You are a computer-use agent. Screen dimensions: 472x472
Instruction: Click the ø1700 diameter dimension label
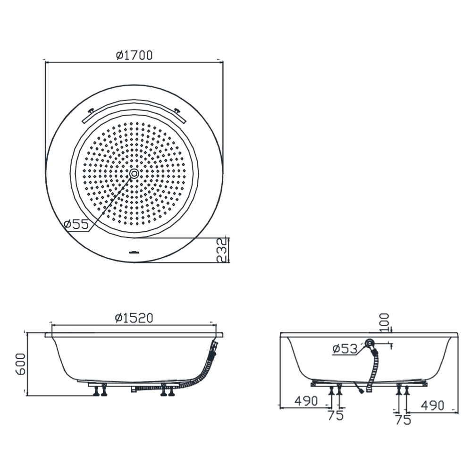pyautogui.click(x=134, y=55)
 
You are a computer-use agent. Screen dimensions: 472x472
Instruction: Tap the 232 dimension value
pyautogui.click(x=221, y=250)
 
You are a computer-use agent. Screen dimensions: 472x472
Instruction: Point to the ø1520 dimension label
pyautogui.click(x=134, y=318)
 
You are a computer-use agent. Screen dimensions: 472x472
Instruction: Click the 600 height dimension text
pyautogui.click(x=20, y=364)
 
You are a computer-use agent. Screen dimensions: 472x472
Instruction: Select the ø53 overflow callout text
pyautogui.click(x=345, y=349)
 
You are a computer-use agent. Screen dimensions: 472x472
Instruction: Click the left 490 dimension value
pyautogui.click(x=306, y=401)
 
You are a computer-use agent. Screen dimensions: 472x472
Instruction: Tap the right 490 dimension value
pyautogui.click(x=432, y=405)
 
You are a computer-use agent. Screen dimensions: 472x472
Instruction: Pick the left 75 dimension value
pyautogui.click(x=336, y=415)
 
